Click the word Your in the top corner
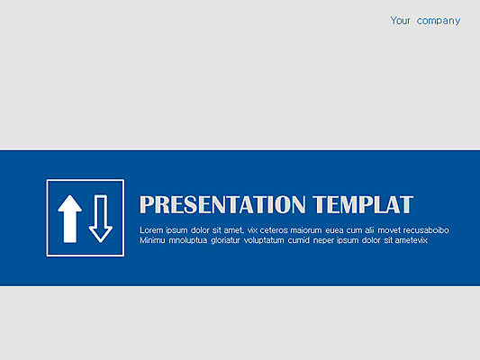(x=400, y=21)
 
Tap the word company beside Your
(x=439, y=21)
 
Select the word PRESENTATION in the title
(x=222, y=204)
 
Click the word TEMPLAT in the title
(x=363, y=204)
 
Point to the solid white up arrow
(x=70, y=219)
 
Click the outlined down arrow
(x=101, y=219)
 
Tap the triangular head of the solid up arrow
(x=70, y=203)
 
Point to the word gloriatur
(x=226, y=240)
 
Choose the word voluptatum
(x=264, y=240)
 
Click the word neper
(x=323, y=241)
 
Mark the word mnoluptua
(x=188, y=240)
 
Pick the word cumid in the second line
(x=298, y=240)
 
